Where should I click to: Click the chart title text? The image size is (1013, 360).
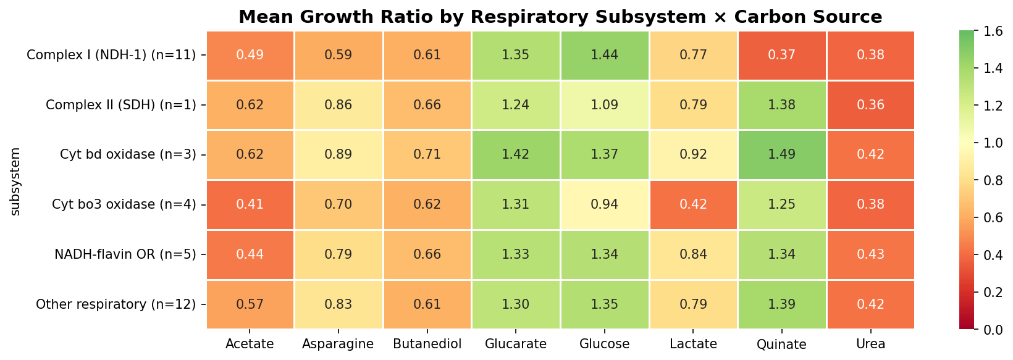coord(560,17)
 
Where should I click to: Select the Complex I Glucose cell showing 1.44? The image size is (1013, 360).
coord(605,55)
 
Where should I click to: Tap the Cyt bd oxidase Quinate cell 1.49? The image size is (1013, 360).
coord(782,154)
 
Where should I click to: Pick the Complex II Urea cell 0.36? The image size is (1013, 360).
coord(870,105)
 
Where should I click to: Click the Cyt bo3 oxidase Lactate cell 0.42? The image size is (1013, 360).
coord(693,204)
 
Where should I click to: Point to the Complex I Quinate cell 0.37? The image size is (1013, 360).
coord(782,55)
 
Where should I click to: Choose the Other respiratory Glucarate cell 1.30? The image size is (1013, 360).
coord(516,304)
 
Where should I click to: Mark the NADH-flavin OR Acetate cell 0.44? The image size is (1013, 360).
coord(250,254)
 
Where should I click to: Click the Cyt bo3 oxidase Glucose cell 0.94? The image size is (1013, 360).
coord(605,204)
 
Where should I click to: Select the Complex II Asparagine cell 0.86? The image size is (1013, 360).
coord(338,105)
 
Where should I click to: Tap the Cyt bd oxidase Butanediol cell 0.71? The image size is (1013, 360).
coord(427,154)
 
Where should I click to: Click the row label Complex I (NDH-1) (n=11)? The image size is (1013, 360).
coord(111,55)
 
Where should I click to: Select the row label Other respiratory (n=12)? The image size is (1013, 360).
coord(116,304)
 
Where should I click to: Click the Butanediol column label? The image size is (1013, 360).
coord(427,344)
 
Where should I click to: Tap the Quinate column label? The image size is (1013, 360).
coord(782,344)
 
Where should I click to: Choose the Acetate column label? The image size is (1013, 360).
coord(250,344)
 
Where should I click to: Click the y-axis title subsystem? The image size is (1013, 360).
coord(16,181)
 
